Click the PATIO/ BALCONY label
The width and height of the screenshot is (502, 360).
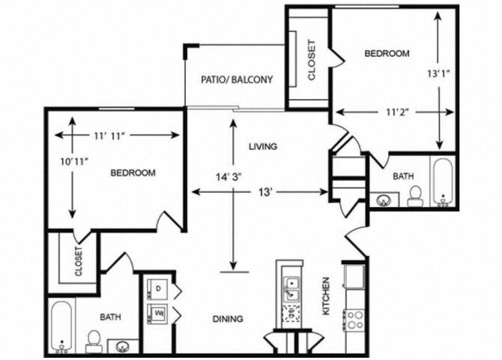coord(236,79)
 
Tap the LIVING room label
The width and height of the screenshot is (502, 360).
coord(263,146)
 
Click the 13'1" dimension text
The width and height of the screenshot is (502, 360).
coord(438,74)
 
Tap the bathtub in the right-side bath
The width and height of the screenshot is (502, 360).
coord(442,181)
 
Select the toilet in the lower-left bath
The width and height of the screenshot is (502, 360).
coord(94,341)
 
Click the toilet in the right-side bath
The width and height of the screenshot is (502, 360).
coord(414,195)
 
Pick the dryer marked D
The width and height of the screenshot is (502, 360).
coord(159,289)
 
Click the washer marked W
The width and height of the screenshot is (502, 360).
coord(159,312)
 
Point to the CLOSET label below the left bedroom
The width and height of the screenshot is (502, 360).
coord(78,262)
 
